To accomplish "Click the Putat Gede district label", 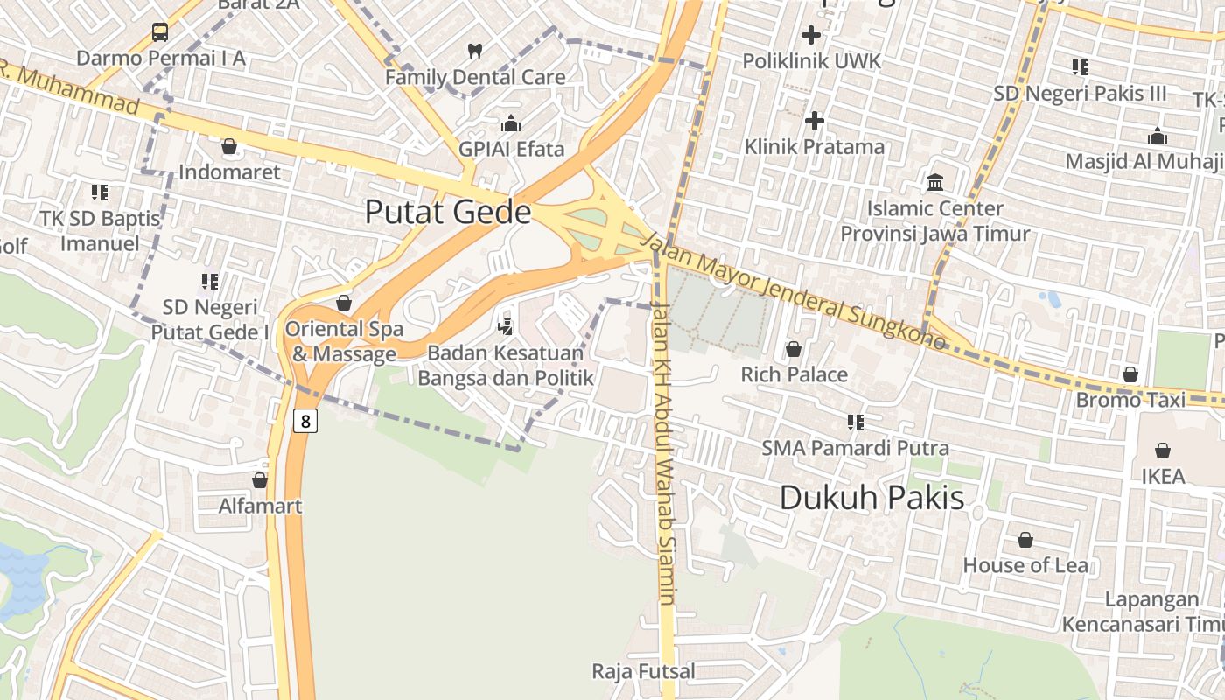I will click(447, 213).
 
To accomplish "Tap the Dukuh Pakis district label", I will click(871, 498).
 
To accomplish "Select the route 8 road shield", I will click(304, 421).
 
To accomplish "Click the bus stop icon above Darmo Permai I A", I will click(160, 32).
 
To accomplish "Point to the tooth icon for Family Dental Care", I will click(475, 52).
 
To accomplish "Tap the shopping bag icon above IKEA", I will click(1163, 451).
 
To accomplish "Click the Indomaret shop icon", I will click(229, 146).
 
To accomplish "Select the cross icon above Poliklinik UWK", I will click(811, 35).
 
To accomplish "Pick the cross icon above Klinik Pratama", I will click(815, 120).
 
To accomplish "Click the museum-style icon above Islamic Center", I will click(935, 183).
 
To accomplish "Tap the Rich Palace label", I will click(794, 374).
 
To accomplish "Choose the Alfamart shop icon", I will click(260, 480).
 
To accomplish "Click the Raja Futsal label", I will click(643, 671).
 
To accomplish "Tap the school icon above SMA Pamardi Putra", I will click(855, 423).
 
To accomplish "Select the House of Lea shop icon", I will click(1025, 540).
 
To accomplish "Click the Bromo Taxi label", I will click(1130, 400).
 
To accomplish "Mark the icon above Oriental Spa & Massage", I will click(344, 303).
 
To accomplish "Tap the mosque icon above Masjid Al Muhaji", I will click(1158, 136).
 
